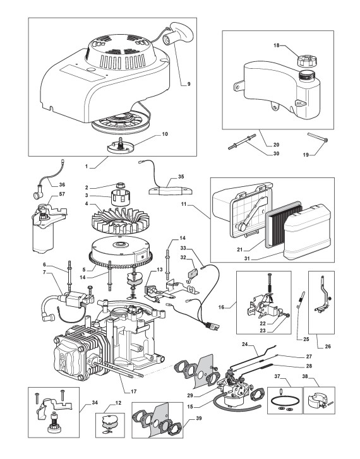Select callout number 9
(x=189, y=84)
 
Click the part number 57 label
(x=62, y=194)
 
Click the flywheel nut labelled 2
(x=120, y=186)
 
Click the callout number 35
(x=181, y=177)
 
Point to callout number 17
(x=133, y=391)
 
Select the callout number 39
(x=199, y=419)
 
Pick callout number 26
(x=328, y=347)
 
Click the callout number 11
(x=184, y=204)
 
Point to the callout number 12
(x=118, y=403)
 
